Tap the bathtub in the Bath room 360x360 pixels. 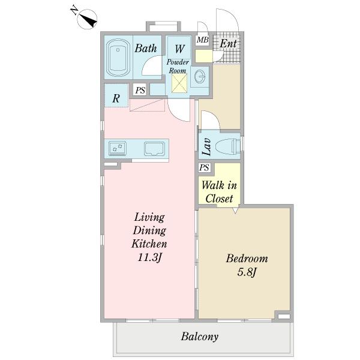[118, 58]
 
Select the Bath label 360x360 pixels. [146, 48]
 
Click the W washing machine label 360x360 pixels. [179, 49]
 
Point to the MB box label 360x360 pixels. [203, 40]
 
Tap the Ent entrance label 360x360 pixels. [228, 43]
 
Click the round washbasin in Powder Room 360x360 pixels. [199, 76]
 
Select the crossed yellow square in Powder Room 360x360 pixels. [179, 83]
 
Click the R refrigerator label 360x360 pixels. [116, 98]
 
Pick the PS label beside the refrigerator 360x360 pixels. [140, 90]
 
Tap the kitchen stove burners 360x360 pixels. [118, 148]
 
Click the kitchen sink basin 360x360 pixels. [154, 149]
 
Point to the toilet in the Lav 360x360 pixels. [227, 146]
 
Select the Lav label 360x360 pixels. [206, 146]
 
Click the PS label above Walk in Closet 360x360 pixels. [204, 167]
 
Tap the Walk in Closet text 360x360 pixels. [219, 192]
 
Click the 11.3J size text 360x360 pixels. [149, 257]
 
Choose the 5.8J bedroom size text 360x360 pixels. [247, 272]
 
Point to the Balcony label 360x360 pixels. [200, 337]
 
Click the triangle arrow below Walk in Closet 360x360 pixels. [235, 211]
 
